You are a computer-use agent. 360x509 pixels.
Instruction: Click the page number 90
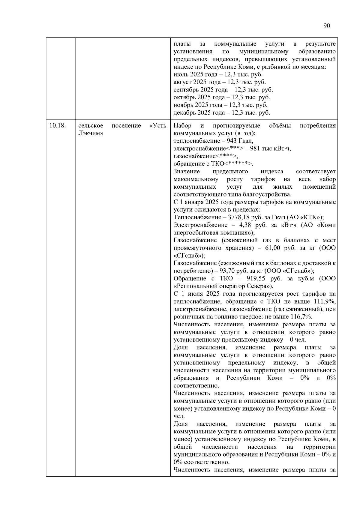[327, 26]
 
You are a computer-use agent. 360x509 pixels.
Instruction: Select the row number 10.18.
[58, 126]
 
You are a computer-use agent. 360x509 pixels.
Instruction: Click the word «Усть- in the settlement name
[159, 126]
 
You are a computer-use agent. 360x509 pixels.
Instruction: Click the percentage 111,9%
[326, 301]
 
